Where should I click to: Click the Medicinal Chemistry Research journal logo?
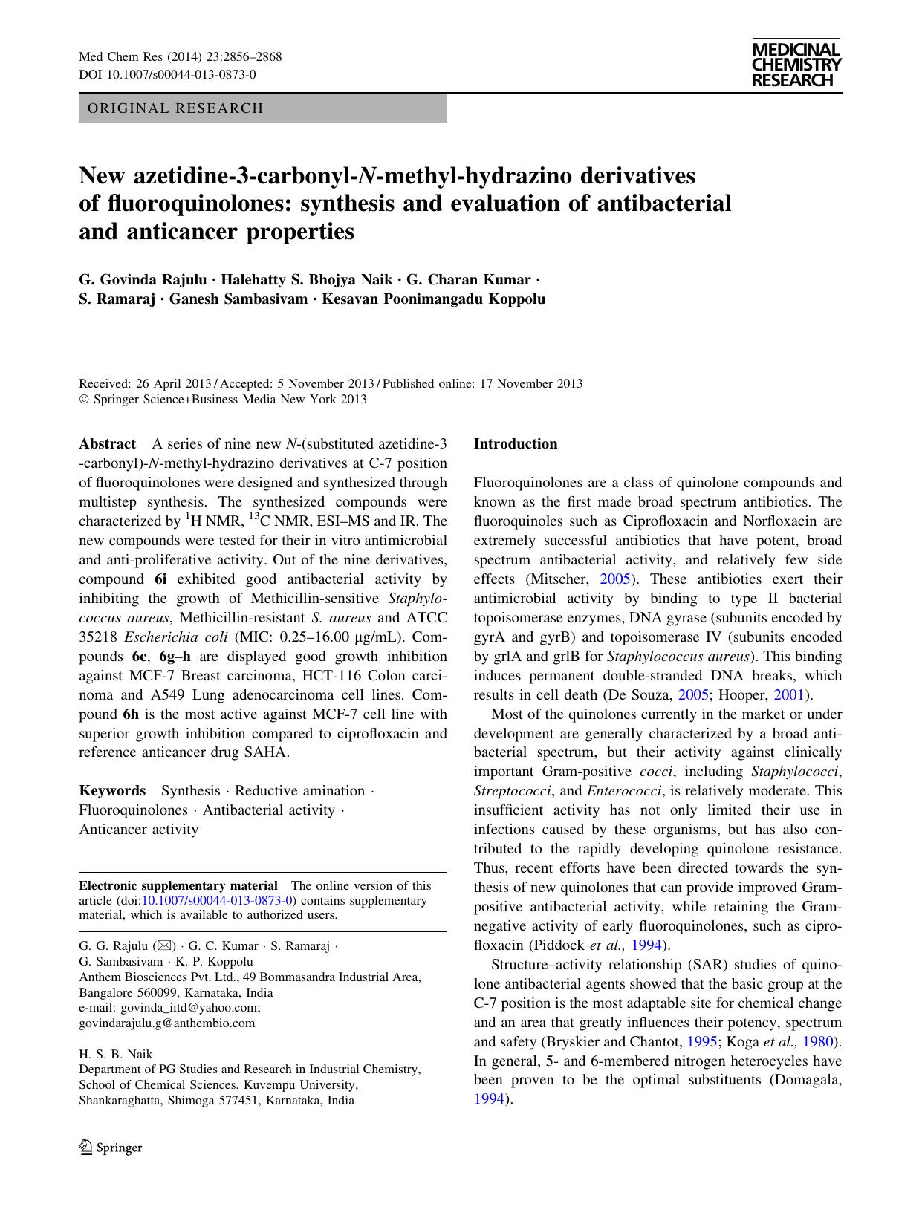pyautogui.click(x=796, y=65)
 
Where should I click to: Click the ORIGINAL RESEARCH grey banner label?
pyautogui.click(x=175, y=108)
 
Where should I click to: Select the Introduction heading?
pyautogui.click(x=515, y=444)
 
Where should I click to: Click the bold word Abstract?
pyautogui.click(x=107, y=444)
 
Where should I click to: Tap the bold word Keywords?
pyautogui.click(x=112, y=791)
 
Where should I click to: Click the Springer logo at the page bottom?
pyautogui.click(x=111, y=1147)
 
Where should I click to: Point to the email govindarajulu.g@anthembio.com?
pyautogui.click(x=166, y=1023)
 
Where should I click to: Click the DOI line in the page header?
pyautogui.click(x=167, y=75)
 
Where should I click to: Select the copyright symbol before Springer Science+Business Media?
pyautogui.click(x=83, y=400)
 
